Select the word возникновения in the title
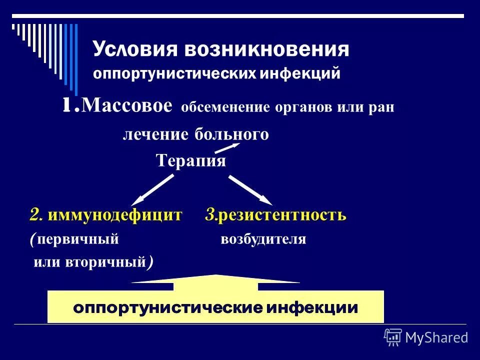click(266, 50)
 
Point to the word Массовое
click(127, 106)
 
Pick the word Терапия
click(190, 161)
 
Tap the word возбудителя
click(263, 239)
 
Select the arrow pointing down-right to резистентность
click(250, 190)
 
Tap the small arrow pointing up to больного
click(227, 148)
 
